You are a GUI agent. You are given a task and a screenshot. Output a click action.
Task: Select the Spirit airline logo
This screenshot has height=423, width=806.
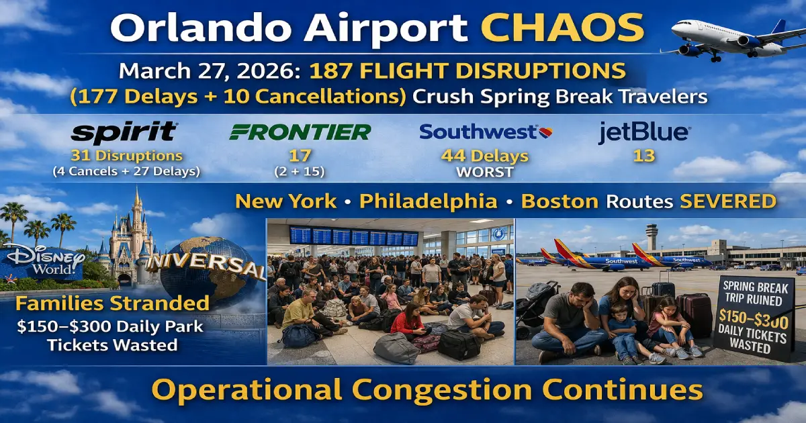124,132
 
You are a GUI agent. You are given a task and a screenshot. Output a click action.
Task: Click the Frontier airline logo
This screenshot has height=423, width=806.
300,132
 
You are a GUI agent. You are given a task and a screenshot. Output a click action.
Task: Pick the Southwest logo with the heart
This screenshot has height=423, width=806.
486,131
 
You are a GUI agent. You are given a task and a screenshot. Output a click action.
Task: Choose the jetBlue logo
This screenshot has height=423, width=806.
643,132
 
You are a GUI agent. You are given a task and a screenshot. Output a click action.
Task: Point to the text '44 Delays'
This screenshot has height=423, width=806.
484,156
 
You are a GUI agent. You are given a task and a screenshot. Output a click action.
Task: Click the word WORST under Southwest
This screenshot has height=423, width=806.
484,173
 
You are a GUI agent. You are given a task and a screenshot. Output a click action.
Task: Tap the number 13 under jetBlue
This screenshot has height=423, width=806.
643,156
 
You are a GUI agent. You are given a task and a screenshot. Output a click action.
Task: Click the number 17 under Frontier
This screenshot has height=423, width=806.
300,156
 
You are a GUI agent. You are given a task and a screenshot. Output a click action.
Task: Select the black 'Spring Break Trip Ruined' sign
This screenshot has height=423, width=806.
753,322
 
